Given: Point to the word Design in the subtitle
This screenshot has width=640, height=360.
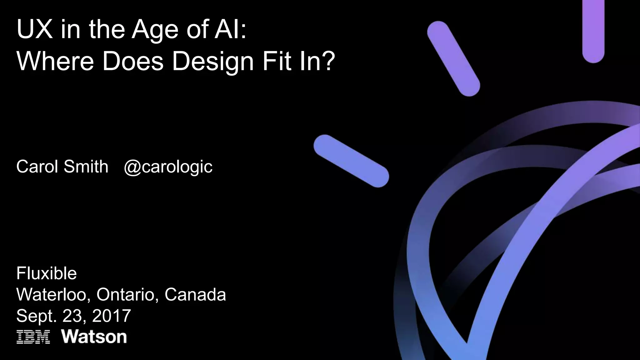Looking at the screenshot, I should pos(212,62).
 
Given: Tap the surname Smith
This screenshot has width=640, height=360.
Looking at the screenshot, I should pos(86,166).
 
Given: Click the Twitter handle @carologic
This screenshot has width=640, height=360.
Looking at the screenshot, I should pos(168,167).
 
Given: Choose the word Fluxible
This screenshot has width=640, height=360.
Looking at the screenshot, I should pos(46,273).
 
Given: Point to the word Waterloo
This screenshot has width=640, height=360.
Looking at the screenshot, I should pos(53,294).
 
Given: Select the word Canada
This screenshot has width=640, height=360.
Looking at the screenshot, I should pos(195,294).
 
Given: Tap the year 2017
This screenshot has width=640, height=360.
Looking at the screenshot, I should pos(111,316).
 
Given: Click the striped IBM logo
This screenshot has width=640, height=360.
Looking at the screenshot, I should pos(33,337).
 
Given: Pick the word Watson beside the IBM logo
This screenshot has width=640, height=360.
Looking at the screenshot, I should pos(94,337).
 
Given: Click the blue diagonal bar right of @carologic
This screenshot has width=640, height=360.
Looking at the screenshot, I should pos(351,161).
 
